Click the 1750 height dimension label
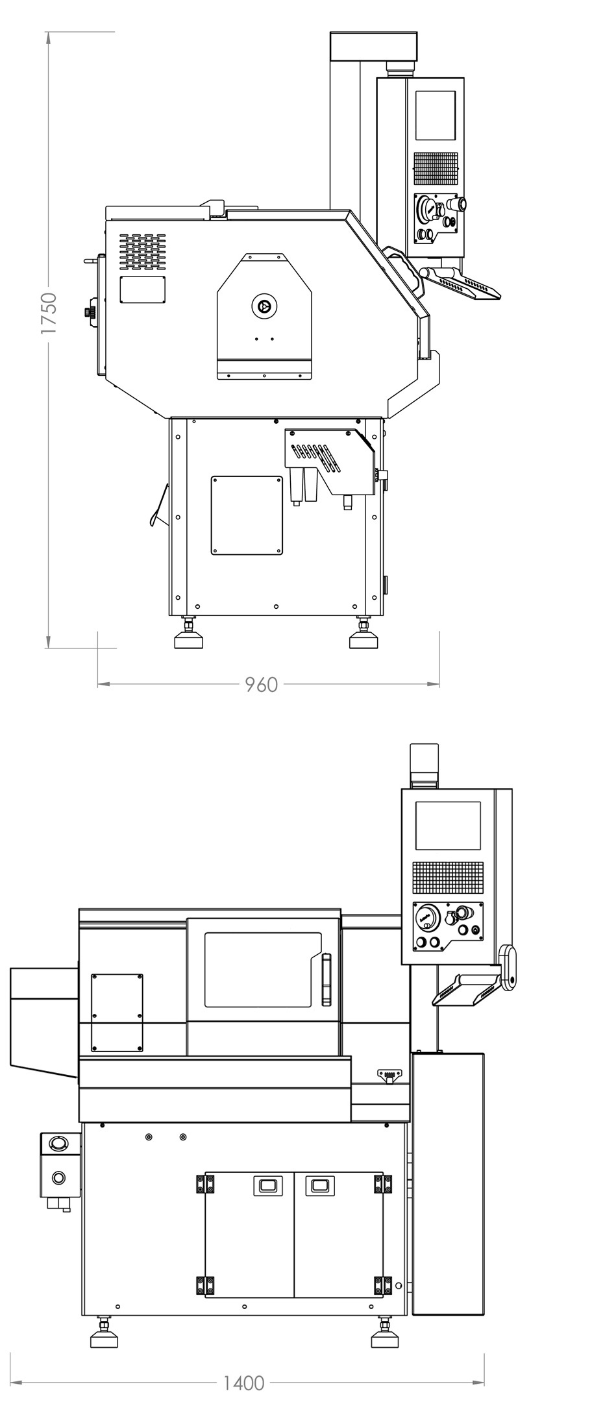point(49,314)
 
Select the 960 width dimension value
point(262,684)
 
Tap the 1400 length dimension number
point(244,1383)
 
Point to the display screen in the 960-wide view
point(435,115)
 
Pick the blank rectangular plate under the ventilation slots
point(142,289)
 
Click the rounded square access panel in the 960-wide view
point(247,515)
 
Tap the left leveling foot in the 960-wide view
point(189,639)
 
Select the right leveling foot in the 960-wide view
point(363,639)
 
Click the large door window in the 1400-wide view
point(263,970)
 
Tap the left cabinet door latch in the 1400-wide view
point(267,1185)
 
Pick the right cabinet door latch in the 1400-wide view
point(319,1185)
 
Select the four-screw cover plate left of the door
point(117,1012)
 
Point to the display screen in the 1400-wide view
point(448,826)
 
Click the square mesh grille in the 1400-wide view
point(449,878)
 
